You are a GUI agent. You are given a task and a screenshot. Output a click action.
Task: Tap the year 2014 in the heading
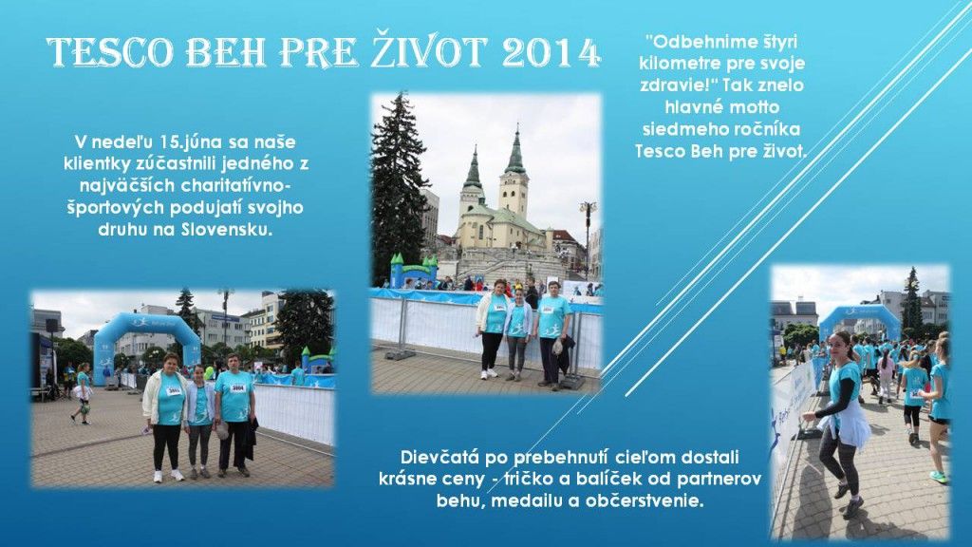coord(551,53)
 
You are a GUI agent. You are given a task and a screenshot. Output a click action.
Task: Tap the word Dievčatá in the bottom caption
coord(439,457)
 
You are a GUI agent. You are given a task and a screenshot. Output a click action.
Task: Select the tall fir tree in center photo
coord(399,180)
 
